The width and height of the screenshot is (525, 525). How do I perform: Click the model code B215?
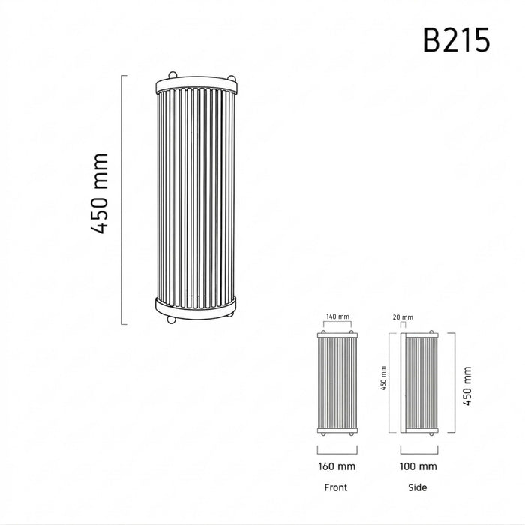(x=456, y=40)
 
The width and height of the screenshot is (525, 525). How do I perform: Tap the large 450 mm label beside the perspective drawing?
(x=100, y=193)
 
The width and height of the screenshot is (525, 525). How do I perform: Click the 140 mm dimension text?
(x=337, y=316)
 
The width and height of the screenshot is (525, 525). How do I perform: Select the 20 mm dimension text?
(x=403, y=317)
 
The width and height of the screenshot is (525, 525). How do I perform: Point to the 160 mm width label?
(x=337, y=466)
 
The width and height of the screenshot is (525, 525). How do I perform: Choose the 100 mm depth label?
(x=418, y=466)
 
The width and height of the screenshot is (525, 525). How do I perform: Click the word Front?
(x=336, y=487)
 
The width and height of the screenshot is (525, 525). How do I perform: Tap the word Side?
(x=418, y=487)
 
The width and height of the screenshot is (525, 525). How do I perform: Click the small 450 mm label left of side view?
(x=383, y=378)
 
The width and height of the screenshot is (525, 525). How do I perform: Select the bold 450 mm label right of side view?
(x=467, y=385)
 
